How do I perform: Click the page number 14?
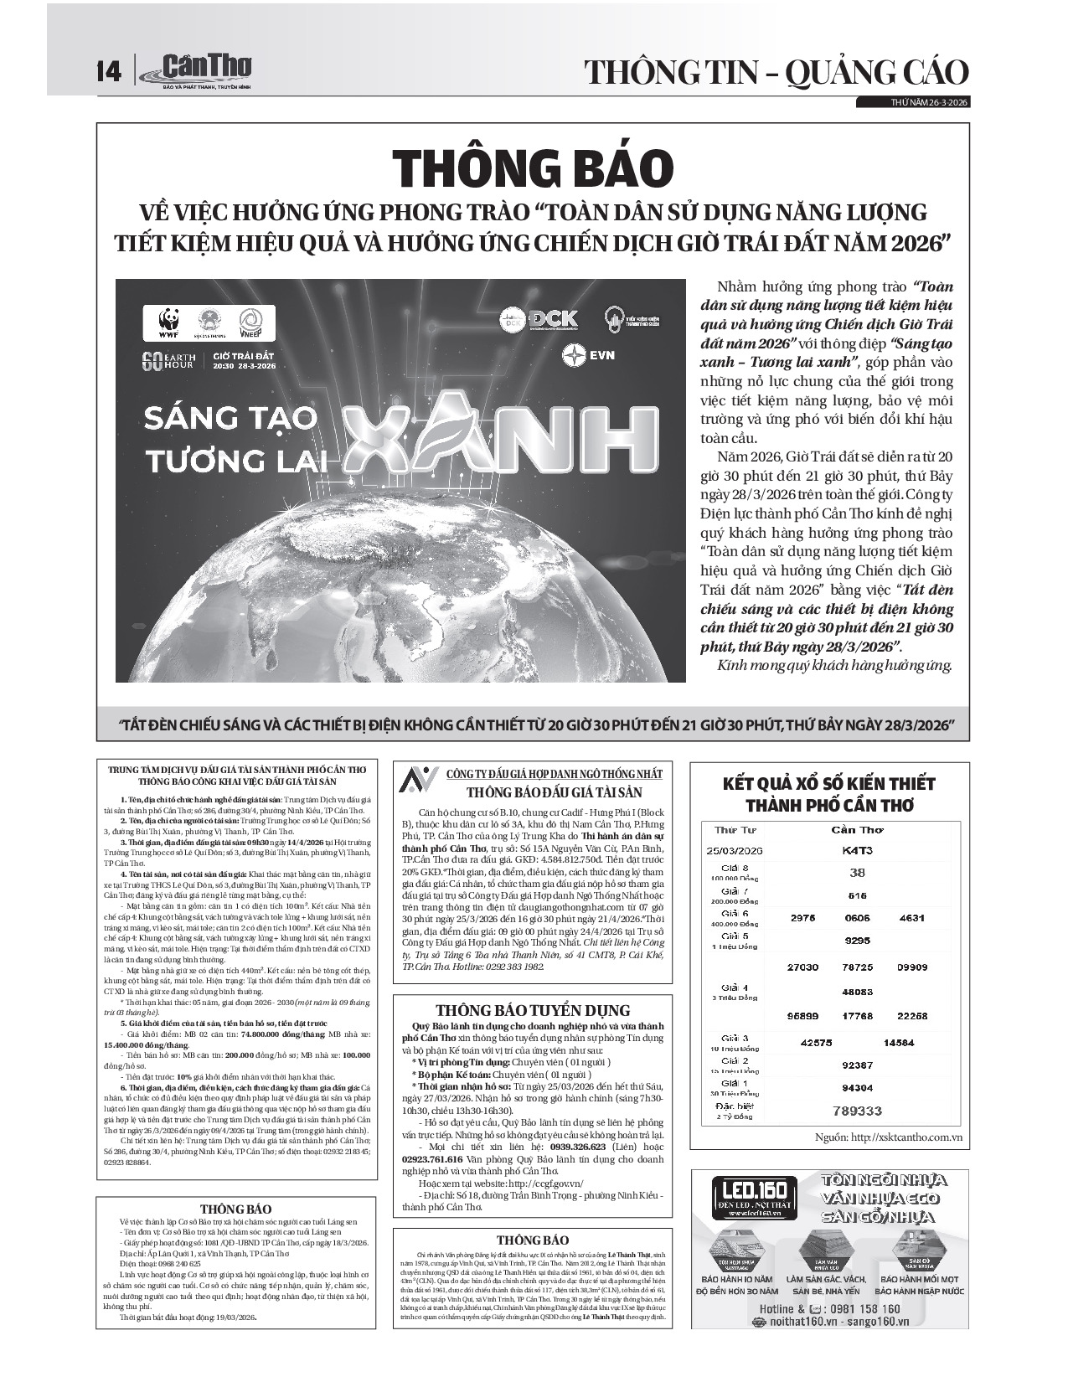[x=109, y=71]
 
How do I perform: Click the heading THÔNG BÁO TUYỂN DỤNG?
[x=533, y=1010]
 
